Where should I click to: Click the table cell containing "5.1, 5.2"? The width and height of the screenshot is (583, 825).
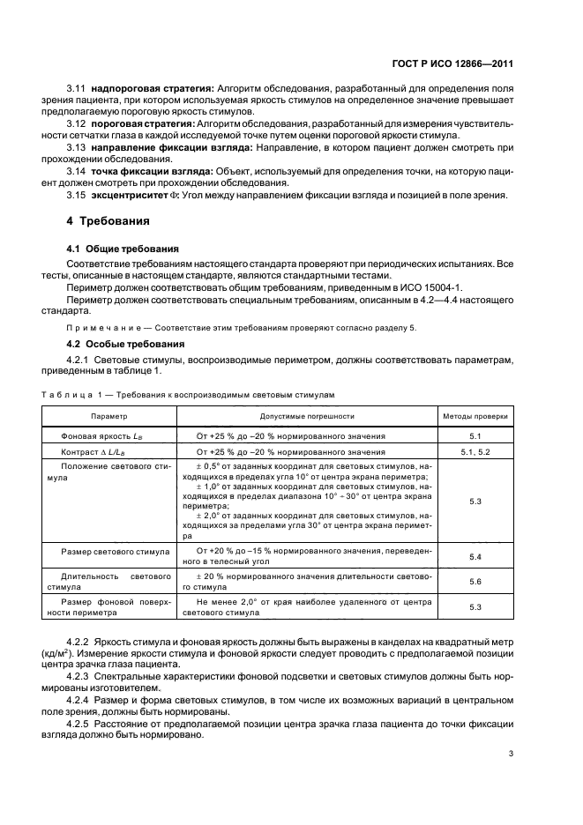475,451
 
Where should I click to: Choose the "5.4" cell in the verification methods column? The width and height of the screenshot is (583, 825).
475,557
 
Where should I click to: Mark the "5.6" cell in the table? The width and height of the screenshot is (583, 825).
475,582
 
